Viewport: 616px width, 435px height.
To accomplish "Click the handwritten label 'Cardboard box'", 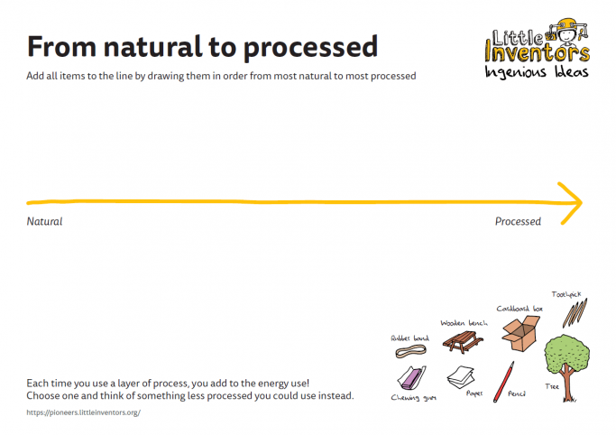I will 519,308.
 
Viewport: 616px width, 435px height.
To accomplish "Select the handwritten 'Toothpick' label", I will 566,293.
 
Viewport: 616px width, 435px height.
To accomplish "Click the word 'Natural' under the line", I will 44,221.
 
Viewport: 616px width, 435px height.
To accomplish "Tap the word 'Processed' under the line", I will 518,221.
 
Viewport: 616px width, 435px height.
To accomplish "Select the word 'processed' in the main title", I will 308,46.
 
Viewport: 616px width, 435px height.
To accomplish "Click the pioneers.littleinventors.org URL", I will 83,412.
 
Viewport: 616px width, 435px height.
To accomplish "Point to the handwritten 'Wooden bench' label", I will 464,322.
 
